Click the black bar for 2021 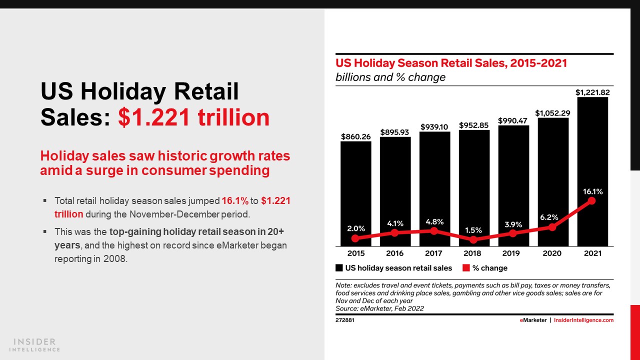pos(592,150)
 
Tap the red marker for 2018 pos(473,239)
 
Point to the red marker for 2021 pos(592,200)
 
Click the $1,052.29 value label pos(552,113)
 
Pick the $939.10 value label pos(434,127)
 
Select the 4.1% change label pos(395,223)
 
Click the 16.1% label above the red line pos(592,191)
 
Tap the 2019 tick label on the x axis pos(513,254)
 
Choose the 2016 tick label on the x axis pos(395,254)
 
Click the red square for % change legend pos(466,268)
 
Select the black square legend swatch pos(339,268)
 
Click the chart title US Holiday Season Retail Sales pos(451,63)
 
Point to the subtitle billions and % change pos(390,77)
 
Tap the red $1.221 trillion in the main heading pos(194,117)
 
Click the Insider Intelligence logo pos(35,344)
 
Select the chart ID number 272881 pos(345,320)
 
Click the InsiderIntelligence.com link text pos(584,320)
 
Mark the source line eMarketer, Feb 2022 pos(379,308)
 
